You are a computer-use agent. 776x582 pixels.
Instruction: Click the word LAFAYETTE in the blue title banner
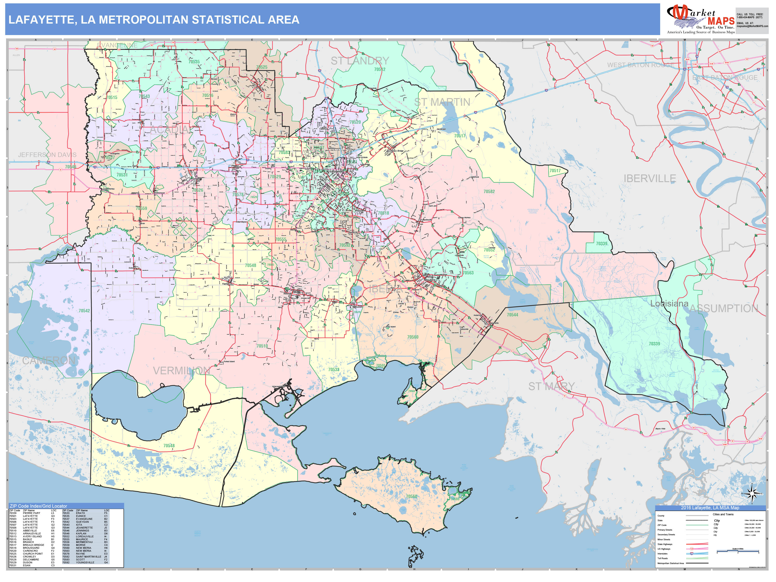click(x=41, y=20)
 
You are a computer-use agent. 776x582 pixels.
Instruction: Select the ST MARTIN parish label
click(x=442, y=102)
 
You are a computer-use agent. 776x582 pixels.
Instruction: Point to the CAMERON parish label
click(x=49, y=360)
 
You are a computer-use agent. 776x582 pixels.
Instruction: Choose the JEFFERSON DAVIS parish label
click(x=47, y=155)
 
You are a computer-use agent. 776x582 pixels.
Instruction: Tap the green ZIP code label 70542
click(x=84, y=311)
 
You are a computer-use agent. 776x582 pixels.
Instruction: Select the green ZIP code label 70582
click(x=489, y=192)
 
